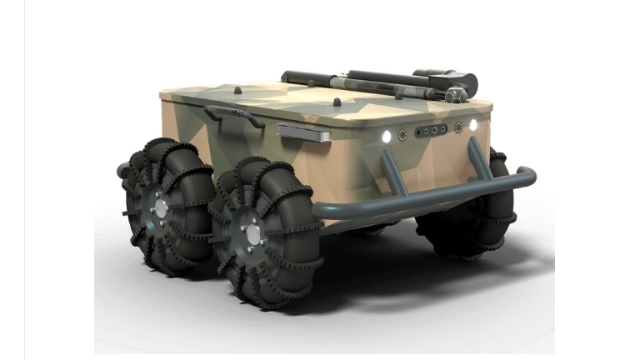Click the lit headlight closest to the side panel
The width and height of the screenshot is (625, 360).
[386, 136]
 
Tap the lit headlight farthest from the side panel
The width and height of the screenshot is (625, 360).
[473, 125]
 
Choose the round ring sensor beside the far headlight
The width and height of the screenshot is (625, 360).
[458, 127]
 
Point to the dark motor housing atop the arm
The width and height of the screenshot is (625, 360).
[444, 77]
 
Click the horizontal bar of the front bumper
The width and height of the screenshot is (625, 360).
[417, 201]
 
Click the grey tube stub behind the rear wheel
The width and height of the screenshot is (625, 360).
[123, 170]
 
